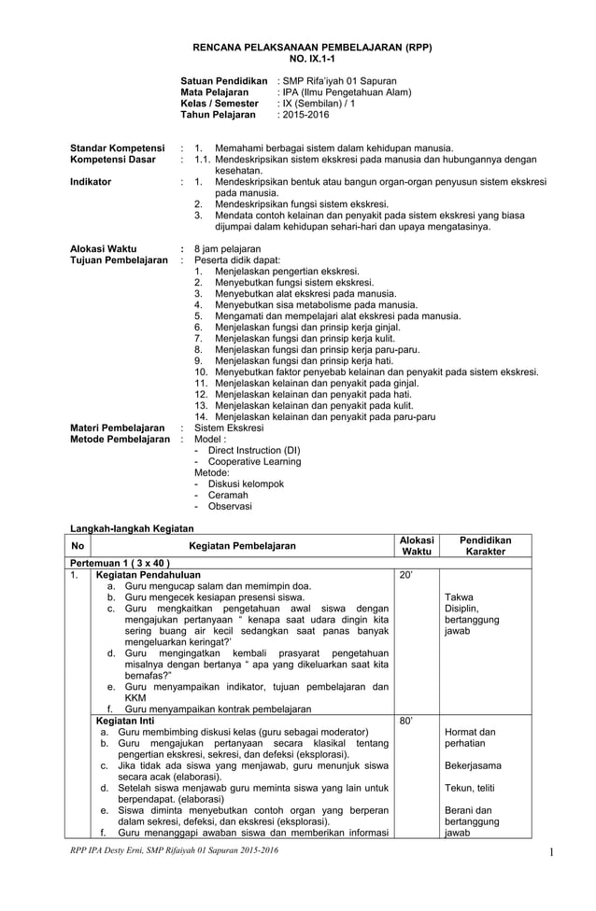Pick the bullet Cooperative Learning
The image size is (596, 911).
click(x=254, y=461)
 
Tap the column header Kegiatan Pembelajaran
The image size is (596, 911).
click(x=241, y=546)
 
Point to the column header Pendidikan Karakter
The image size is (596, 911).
click(x=486, y=546)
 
